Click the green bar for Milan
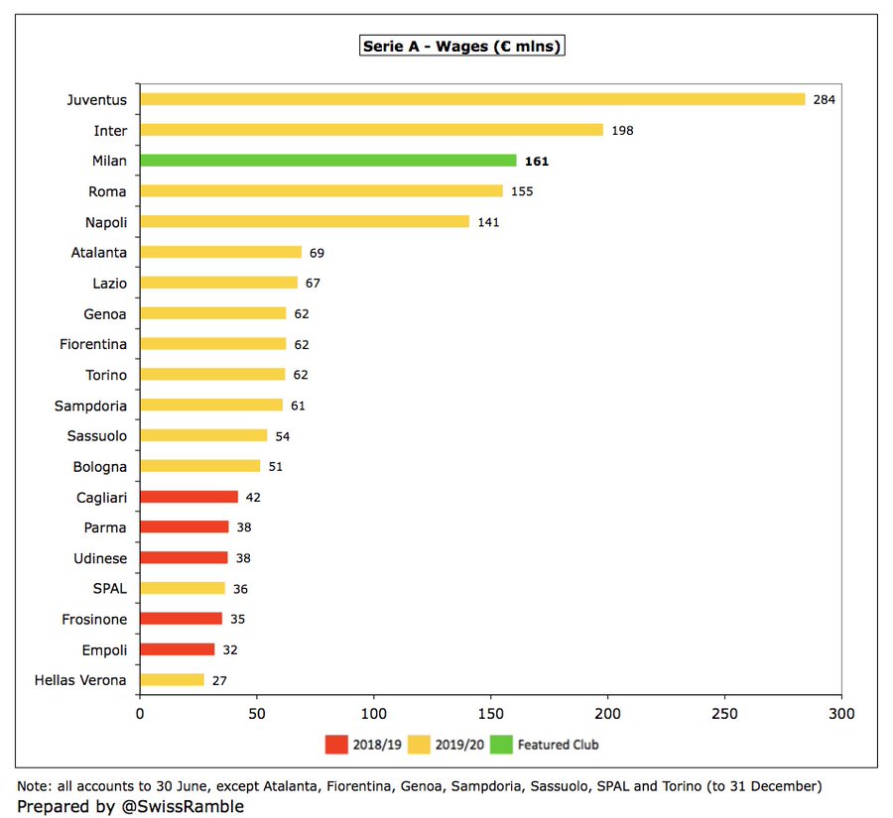coord(327,161)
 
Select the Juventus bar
coord(471,99)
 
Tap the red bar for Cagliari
coord(189,497)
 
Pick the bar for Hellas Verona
coord(172,680)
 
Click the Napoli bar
coord(304,222)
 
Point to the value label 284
coord(824,100)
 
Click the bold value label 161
coord(537,162)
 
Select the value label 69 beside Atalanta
coord(317,253)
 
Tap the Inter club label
coord(110,130)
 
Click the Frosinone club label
coord(93,619)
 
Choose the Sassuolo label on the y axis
coord(97,435)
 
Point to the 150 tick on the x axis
coord(490,714)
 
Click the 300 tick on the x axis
coord(841,714)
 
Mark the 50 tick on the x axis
coord(256,714)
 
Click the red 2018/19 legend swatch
coord(335,744)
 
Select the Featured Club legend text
coord(558,744)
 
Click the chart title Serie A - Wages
coord(461,47)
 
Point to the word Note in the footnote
coord(34,786)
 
